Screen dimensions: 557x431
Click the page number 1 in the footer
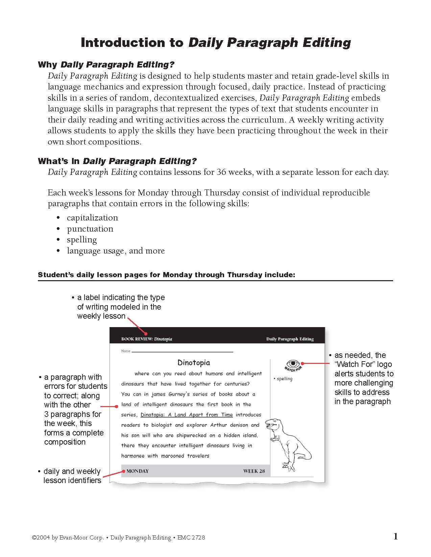click(396, 536)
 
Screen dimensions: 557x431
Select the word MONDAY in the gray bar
click(137, 471)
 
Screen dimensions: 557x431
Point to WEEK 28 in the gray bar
click(254, 471)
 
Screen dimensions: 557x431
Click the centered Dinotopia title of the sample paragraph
click(194, 363)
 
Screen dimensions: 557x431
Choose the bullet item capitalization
click(92, 218)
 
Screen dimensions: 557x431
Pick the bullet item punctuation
click(90, 229)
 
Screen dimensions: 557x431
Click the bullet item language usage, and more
click(116, 251)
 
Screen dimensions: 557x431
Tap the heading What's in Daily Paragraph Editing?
click(117, 161)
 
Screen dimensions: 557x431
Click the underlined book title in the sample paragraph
click(187, 415)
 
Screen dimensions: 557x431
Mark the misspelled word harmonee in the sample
click(133, 456)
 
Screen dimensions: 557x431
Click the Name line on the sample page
click(182, 351)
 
